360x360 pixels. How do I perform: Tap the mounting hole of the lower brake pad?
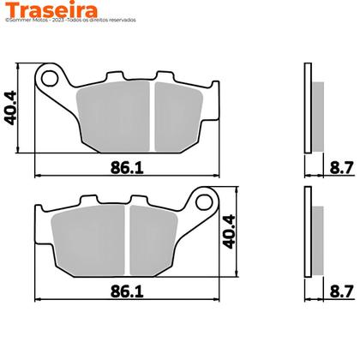click(x=203, y=203)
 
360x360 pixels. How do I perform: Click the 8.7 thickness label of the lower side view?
click(x=340, y=291)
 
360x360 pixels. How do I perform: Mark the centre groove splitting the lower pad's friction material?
click(x=127, y=241)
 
